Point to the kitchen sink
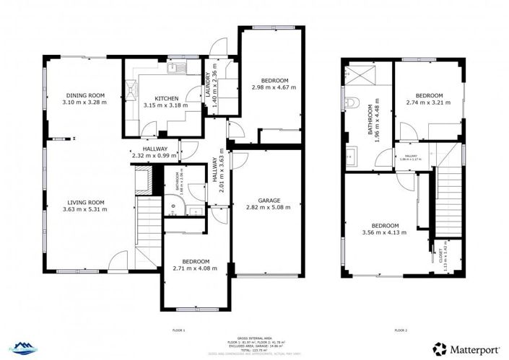[x=175, y=69]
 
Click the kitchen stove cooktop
[x=131, y=89]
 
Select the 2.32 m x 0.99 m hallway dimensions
[x=155, y=155]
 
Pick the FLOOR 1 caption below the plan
[x=179, y=330]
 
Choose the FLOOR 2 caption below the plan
[x=401, y=330]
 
